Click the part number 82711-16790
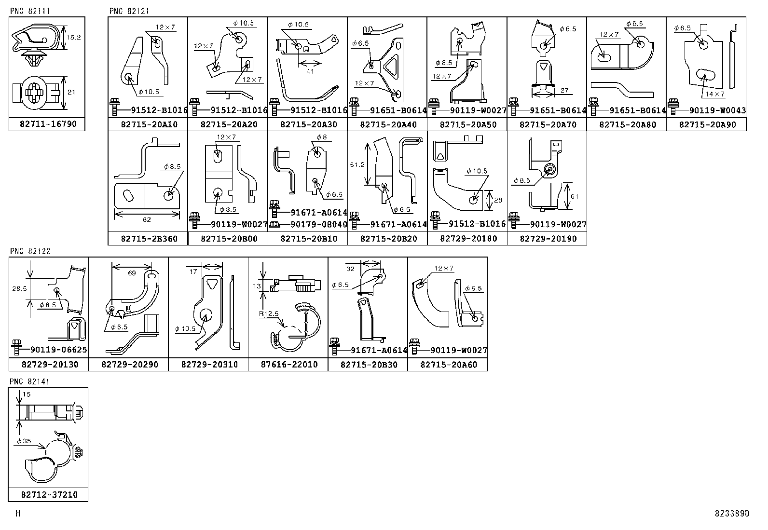tap(48, 124)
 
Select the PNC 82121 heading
tap(129, 11)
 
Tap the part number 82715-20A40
tap(388, 124)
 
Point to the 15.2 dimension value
tap(73, 37)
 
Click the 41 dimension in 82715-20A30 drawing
tap(310, 71)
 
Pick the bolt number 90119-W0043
tap(717, 110)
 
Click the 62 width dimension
tap(147, 219)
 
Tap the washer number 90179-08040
tap(318, 224)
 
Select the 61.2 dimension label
tap(357, 164)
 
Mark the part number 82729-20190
tap(548, 239)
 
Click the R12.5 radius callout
tap(269, 313)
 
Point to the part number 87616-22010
tap(289, 365)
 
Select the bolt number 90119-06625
tap(59, 350)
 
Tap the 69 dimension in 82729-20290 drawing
tap(132, 273)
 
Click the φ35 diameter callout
tap(24, 441)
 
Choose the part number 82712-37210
tap(49, 495)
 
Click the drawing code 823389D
tap(732, 514)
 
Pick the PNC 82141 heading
tap(29, 381)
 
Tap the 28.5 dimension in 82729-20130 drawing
tap(19, 288)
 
